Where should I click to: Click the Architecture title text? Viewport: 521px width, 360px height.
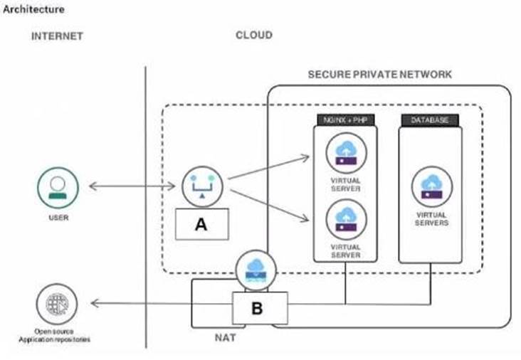tap(33, 9)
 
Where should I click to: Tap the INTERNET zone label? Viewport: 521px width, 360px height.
tap(57, 36)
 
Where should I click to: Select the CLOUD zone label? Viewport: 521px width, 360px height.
tap(254, 35)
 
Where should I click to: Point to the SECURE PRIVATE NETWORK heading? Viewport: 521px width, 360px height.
tap(379, 74)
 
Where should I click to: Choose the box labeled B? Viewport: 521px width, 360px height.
tap(257, 308)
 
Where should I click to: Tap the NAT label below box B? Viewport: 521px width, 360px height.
tap(225, 337)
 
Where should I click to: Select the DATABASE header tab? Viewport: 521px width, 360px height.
tap(430, 120)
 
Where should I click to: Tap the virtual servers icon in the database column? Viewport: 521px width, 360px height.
tap(430, 187)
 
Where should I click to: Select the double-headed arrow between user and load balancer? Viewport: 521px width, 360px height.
tap(132, 187)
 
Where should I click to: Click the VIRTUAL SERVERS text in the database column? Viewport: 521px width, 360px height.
tap(430, 218)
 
